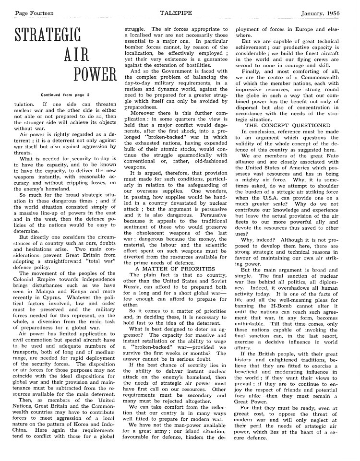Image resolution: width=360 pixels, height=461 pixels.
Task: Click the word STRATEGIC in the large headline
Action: tap(48, 37)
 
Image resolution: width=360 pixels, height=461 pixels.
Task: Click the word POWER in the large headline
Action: tap(95, 74)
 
